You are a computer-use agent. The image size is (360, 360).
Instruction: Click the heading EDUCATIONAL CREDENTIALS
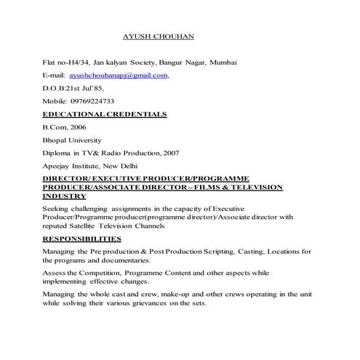tap(105, 114)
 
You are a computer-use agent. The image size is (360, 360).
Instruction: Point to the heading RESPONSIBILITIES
tap(82, 239)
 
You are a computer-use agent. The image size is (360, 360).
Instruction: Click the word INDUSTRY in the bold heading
tap(65, 196)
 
